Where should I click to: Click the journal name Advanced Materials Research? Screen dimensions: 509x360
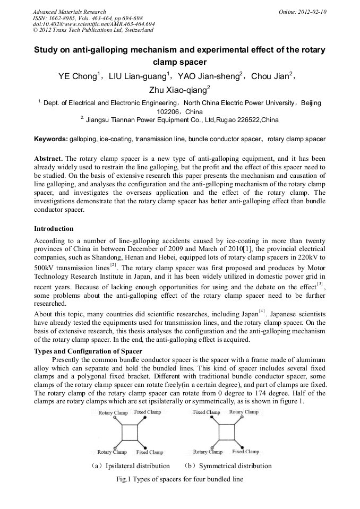pos(69,12)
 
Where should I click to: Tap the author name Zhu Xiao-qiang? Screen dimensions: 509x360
pos(179,89)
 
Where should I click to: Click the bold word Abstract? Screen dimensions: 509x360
pos(48,159)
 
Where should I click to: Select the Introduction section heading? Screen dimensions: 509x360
pos(54,229)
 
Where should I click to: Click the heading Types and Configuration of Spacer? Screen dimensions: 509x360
pos(88,351)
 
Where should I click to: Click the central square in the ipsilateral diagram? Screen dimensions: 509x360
pos(130,432)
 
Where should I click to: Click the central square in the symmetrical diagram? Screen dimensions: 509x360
pos(226,432)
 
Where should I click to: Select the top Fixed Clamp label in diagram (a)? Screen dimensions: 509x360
pos(147,412)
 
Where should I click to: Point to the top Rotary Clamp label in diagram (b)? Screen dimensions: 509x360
pos(244,412)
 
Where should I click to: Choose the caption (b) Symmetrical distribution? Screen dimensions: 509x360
pos(227,466)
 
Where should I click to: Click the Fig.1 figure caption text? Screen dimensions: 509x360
pos(179,479)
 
